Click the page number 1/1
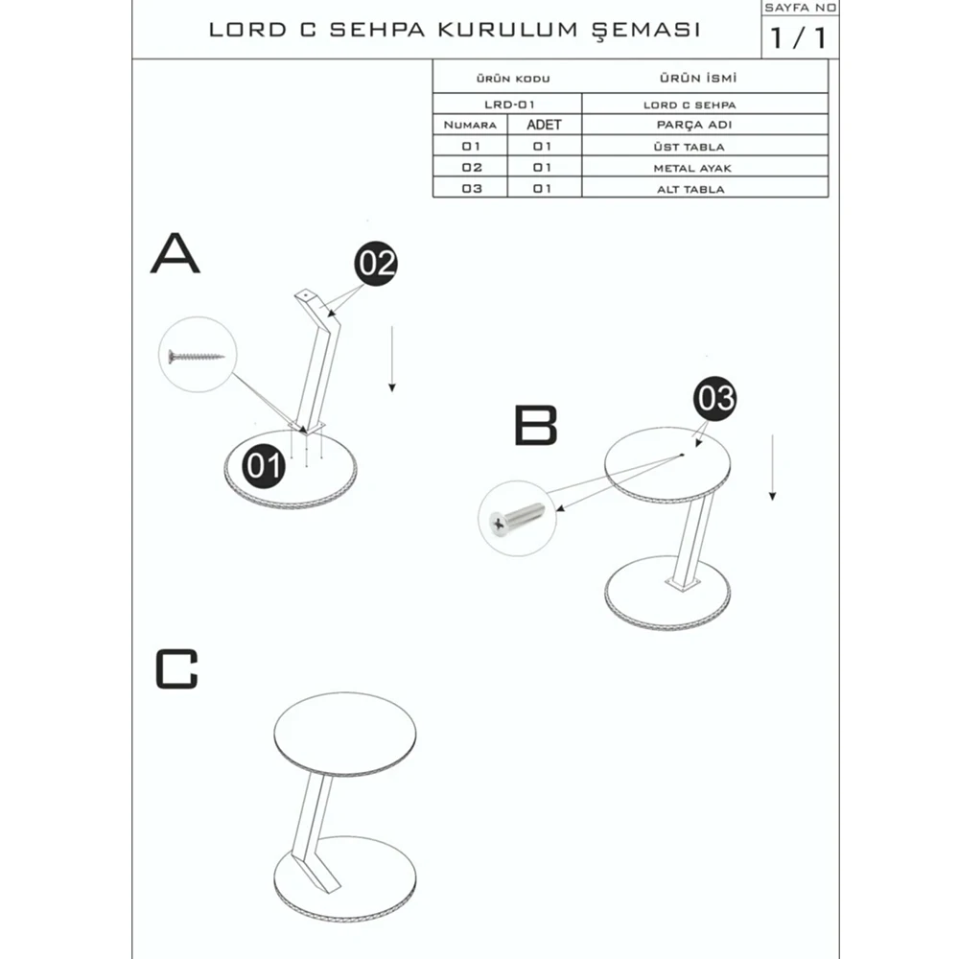click(x=798, y=40)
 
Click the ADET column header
click(x=544, y=125)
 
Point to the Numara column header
click(x=470, y=126)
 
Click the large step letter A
click(x=175, y=254)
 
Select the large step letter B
click(x=535, y=426)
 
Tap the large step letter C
click(x=176, y=669)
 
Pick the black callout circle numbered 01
click(x=265, y=466)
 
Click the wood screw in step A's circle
click(x=196, y=357)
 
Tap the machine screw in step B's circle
click(x=516, y=520)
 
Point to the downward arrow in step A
click(x=391, y=359)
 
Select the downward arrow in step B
click(x=772, y=467)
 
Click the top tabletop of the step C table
click(x=344, y=730)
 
